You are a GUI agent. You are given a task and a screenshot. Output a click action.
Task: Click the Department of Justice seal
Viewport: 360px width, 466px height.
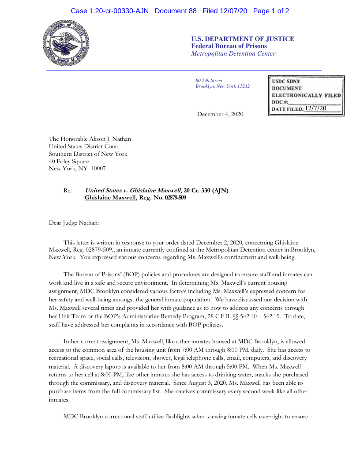(x=66, y=44)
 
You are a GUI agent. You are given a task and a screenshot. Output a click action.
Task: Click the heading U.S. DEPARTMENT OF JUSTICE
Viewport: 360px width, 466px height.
(x=243, y=39)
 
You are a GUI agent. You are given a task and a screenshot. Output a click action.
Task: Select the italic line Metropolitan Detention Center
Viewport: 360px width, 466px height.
(x=233, y=54)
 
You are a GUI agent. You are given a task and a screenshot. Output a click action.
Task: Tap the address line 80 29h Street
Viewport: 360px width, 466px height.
(x=209, y=81)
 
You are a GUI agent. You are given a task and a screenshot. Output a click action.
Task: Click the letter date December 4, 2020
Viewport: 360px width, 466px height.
(x=220, y=114)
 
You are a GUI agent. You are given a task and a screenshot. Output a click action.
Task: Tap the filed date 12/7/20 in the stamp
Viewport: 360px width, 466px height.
(x=315, y=108)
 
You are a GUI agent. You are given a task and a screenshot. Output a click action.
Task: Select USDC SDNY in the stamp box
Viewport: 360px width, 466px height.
(x=286, y=82)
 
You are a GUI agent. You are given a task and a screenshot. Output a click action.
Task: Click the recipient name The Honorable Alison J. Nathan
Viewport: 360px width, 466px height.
(x=90, y=139)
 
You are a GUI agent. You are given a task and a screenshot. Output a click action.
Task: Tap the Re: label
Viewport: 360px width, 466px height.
(x=67, y=191)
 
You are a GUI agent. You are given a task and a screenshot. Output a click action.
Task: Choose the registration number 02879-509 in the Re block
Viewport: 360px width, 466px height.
(x=175, y=198)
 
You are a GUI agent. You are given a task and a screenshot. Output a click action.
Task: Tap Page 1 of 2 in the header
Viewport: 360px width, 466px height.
(x=271, y=11)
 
